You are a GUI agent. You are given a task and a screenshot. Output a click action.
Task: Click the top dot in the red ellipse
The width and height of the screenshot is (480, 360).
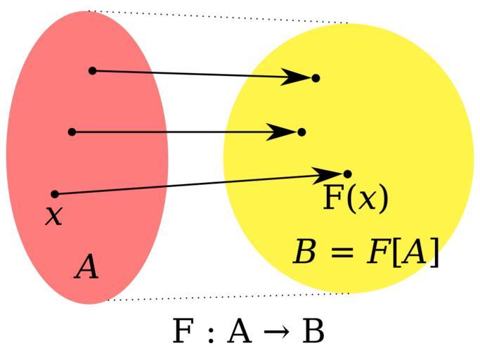tap(92, 70)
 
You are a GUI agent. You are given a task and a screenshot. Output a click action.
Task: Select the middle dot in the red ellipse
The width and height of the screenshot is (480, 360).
tap(72, 131)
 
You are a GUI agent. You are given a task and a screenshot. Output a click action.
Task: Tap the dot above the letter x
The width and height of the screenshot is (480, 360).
tap(55, 193)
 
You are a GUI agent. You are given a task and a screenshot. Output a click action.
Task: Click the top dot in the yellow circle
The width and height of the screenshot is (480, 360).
tap(316, 77)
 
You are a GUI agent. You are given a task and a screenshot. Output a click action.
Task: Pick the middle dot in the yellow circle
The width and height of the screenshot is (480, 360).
tap(301, 131)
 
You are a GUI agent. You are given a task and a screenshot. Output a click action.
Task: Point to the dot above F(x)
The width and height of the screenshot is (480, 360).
tap(347, 173)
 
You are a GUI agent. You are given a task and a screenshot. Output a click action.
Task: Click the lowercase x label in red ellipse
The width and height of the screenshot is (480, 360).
tap(53, 214)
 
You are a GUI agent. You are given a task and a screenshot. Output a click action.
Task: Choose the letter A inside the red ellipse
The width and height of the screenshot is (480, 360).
tap(86, 268)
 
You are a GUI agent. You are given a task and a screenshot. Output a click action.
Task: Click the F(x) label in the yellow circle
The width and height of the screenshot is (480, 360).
tap(355, 199)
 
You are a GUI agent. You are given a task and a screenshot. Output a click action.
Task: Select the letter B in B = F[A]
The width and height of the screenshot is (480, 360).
tap(305, 252)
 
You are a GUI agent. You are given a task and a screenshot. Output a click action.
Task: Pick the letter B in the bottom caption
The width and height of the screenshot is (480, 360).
tap(313, 332)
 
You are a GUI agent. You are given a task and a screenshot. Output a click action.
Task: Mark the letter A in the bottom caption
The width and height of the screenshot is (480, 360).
tap(239, 332)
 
